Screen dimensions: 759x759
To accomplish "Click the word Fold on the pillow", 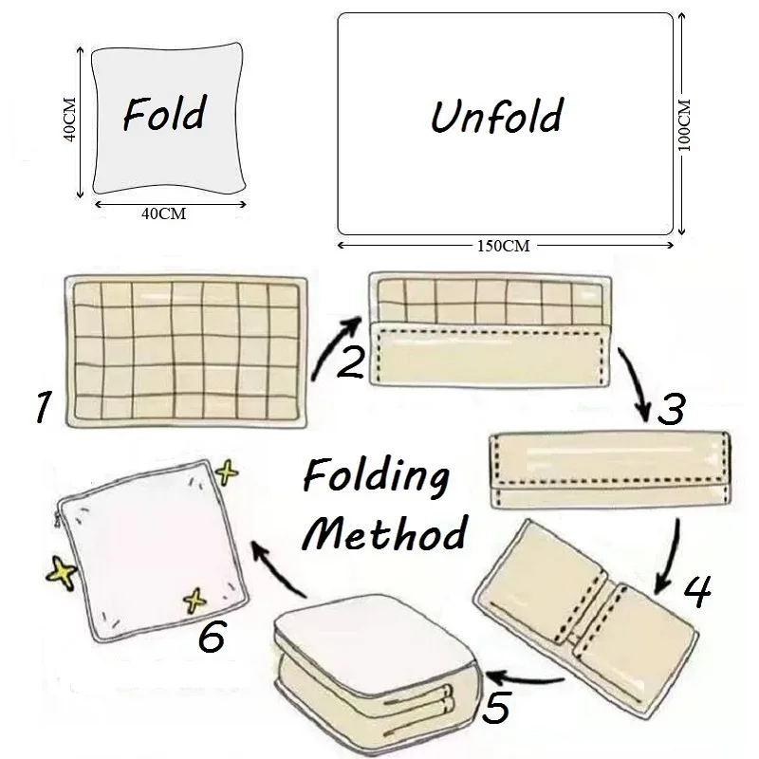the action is click(x=163, y=115).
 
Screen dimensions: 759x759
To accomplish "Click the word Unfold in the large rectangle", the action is click(x=496, y=116).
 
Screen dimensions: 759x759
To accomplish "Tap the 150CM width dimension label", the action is click(x=503, y=246).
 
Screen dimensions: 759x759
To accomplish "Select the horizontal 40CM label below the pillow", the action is click(x=164, y=214).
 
